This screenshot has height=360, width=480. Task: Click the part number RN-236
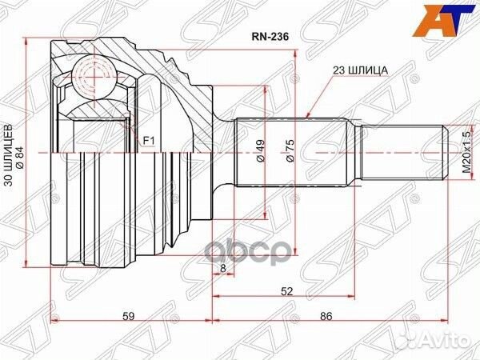tap(266, 35)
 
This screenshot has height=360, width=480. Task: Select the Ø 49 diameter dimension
tap(260, 152)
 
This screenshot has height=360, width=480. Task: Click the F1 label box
tap(148, 142)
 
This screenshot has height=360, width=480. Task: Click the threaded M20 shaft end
tap(400, 152)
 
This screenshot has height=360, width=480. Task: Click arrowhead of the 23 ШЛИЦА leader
tap(309, 112)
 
